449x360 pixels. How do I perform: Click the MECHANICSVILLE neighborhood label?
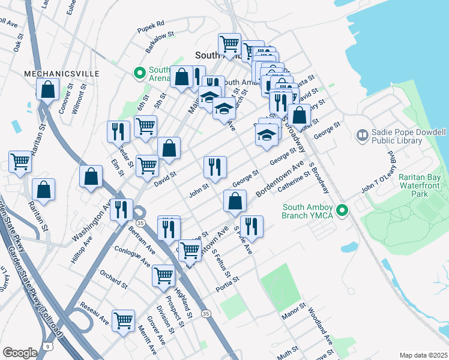tap(61, 73)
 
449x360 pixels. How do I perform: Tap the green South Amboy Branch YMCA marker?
tap(342, 210)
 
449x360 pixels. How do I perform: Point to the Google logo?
tap(19, 352)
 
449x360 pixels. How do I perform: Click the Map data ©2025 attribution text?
tap(423, 355)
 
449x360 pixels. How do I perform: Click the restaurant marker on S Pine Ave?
tap(251, 226)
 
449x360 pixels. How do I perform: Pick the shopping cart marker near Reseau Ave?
tap(124, 320)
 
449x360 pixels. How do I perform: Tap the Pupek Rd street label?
tap(150, 25)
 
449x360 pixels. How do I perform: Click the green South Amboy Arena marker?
tap(139, 74)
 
